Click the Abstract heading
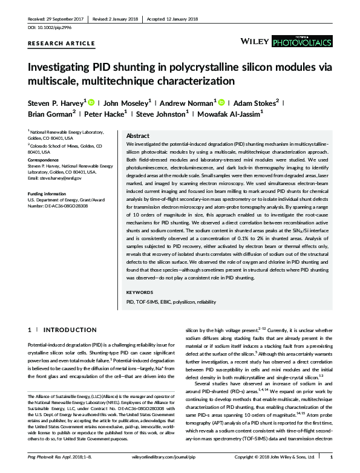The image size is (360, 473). tap(139, 136)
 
